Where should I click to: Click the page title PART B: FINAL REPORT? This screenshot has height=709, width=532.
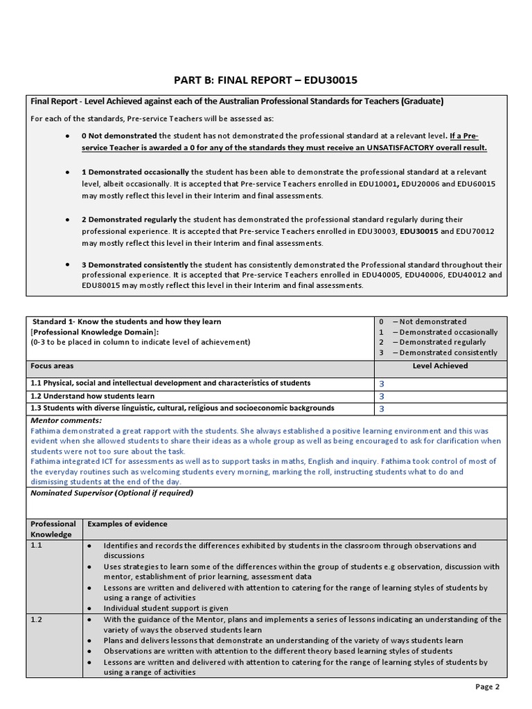pyautogui.click(x=266, y=80)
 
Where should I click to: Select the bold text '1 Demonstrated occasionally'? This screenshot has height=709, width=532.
pyautogui.click(x=135, y=172)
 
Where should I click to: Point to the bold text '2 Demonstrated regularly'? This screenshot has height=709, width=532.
pyautogui.click(x=130, y=219)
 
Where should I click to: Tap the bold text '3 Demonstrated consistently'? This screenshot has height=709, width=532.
pyautogui.click(x=135, y=264)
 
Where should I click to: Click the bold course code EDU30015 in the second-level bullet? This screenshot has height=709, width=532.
pyautogui.click(x=419, y=231)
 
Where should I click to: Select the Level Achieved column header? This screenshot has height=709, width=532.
pyautogui.click(x=440, y=366)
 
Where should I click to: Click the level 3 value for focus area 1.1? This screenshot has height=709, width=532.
pyautogui.click(x=381, y=384)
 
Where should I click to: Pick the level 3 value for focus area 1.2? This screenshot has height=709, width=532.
pyautogui.click(x=381, y=397)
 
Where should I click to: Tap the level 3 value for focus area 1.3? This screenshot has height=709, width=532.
pyautogui.click(x=381, y=409)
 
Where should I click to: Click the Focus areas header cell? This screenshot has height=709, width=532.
pyautogui.click(x=52, y=366)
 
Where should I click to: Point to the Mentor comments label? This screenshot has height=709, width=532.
pyautogui.click(x=66, y=420)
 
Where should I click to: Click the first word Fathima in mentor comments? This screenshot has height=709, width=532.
pyautogui.click(x=46, y=430)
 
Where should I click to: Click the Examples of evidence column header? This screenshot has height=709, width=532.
pyautogui.click(x=127, y=524)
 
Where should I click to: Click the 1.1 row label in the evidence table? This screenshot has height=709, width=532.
pyautogui.click(x=37, y=546)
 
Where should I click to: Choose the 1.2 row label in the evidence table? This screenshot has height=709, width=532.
pyautogui.click(x=37, y=620)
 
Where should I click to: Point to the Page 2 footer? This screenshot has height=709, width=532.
pyautogui.click(x=486, y=687)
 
